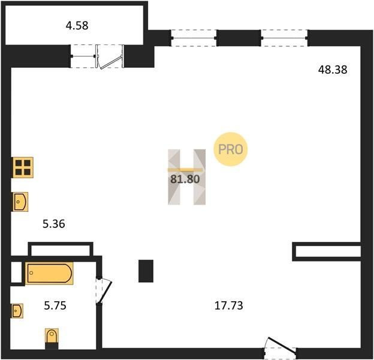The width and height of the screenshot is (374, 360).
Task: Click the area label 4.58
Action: (77, 26)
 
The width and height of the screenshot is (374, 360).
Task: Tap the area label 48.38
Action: (333, 70)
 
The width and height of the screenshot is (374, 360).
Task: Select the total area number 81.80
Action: (185, 179)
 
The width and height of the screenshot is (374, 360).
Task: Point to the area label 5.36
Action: (54, 224)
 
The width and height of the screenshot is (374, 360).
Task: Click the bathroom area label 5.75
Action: (55, 305)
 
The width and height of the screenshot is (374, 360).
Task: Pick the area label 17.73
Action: (229, 305)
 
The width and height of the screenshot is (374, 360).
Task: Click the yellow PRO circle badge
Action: (230, 149)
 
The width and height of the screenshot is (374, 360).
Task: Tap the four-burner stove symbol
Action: (23, 167)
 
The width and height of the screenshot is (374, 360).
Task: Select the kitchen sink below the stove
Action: (20, 202)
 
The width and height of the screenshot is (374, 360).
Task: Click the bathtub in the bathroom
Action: (49, 273)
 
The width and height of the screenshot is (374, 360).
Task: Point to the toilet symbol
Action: (52, 338)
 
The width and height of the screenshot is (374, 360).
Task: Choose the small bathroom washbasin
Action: (17, 311)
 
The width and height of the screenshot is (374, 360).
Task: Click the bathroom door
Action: (104, 291)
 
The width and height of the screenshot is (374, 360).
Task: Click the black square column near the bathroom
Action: (146, 271)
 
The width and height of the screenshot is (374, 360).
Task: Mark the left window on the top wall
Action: (194, 38)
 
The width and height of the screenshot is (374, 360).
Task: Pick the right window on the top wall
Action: (284, 38)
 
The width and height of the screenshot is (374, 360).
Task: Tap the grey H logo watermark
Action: (186, 177)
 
